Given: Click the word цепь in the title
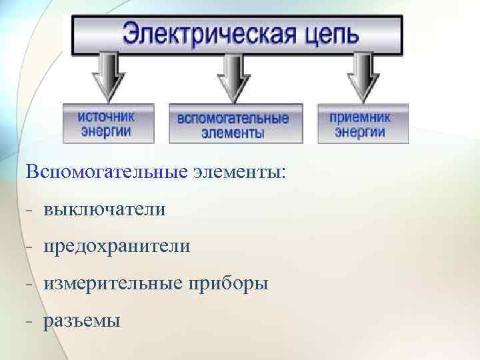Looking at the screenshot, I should click(x=325, y=33).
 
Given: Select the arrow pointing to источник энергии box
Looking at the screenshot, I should click(x=107, y=77).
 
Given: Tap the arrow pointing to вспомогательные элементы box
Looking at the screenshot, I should click(x=233, y=77).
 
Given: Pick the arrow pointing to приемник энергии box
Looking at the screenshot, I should click(x=363, y=77).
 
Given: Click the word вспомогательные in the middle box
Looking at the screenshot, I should click(x=233, y=119).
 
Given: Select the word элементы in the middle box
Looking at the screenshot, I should click(x=233, y=133).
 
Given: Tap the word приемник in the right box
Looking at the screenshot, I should click(x=360, y=117).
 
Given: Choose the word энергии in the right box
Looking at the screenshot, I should click(x=360, y=131).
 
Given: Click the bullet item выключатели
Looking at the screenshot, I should click(x=104, y=209).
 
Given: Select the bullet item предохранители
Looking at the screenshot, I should click(x=117, y=247).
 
